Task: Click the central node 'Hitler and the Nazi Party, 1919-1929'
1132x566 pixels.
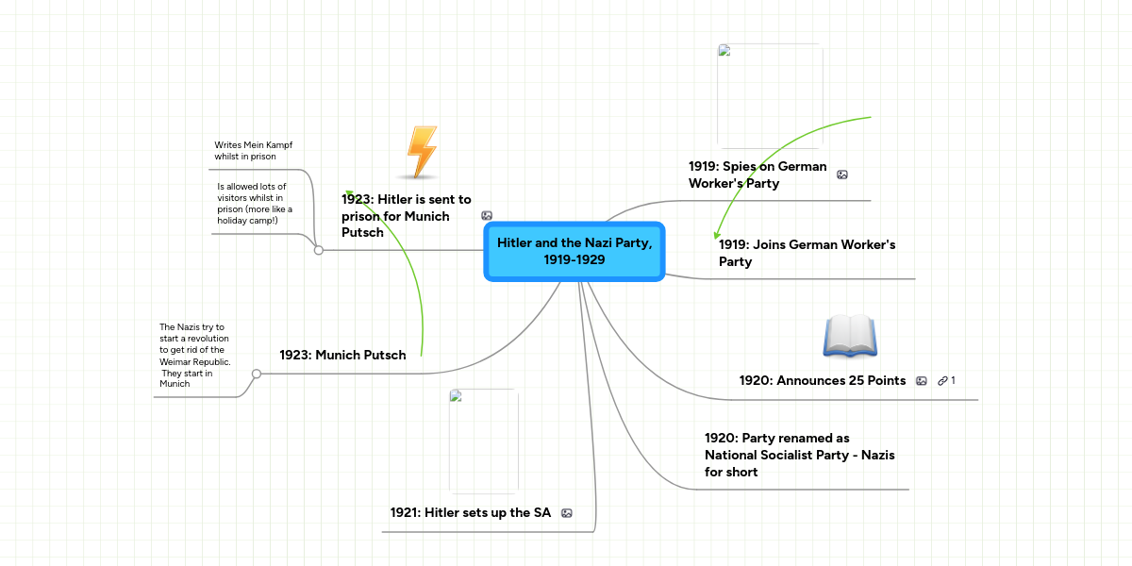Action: (x=574, y=251)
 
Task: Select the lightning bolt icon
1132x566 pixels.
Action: (x=420, y=152)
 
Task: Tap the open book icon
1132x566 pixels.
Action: (x=849, y=337)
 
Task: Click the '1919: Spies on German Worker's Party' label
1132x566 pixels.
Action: (x=757, y=175)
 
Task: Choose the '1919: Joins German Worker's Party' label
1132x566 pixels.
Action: (x=807, y=253)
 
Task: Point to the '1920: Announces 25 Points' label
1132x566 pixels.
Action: (x=822, y=380)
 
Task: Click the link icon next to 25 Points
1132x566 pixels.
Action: (x=943, y=380)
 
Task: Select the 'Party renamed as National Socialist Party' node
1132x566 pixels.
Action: (x=799, y=455)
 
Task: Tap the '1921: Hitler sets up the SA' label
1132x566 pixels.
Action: (x=470, y=512)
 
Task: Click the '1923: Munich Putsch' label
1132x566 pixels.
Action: (x=342, y=355)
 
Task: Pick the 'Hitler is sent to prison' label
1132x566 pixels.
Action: (x=407, y=215)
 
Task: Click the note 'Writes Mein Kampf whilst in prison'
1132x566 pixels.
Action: (x=253, y=151)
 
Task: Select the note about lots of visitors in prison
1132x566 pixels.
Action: (x=255, y=203)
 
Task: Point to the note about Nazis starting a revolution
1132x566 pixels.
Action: (x=194, y=355)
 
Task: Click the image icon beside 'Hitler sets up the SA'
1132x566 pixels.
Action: (x=567, y=513)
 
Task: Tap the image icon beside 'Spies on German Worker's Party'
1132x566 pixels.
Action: (x=842, y=175)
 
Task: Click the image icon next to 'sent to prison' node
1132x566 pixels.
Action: (x=487, y=216)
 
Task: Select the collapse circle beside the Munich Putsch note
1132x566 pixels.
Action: (x=256, y=374)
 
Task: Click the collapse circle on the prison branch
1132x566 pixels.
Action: (x=319, y=250)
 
